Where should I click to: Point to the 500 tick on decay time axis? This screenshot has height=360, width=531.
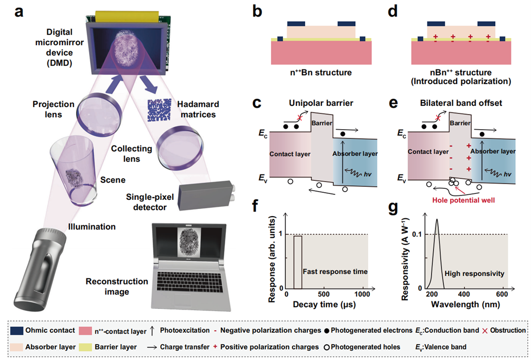[324, 294]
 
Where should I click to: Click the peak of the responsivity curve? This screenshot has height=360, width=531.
[437, 219]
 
